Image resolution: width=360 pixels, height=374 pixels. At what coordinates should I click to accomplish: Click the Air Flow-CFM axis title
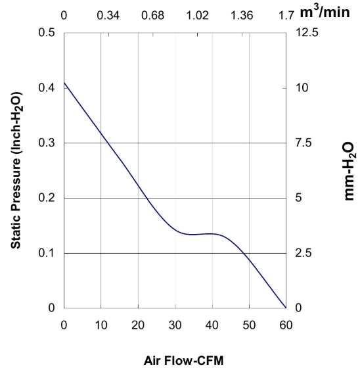coord(184,360)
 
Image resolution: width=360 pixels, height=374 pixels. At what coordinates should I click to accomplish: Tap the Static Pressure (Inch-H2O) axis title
coord(16,170)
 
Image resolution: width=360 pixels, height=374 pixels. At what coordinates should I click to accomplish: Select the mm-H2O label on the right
coord(349,171)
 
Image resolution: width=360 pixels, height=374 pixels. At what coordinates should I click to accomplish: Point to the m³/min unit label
coord(325,11)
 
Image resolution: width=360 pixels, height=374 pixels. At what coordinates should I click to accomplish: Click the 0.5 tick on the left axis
coord(47,32)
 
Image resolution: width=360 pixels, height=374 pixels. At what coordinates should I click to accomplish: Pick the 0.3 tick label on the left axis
coord(47,143)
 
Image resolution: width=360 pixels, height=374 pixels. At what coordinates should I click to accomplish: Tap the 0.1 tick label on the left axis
coord(47,253)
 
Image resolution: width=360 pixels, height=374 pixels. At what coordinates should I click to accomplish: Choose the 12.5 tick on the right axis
coord(307,32)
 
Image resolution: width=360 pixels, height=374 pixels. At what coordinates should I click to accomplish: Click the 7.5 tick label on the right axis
coord(304,143)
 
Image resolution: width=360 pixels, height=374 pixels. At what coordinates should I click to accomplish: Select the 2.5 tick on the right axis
coord(304,253)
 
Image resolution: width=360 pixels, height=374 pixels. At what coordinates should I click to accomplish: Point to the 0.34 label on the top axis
coord(108,16)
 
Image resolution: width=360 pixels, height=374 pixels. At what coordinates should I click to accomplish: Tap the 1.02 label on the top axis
coord(197,16)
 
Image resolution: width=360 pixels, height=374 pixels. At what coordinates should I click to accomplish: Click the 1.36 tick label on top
coord(242,16)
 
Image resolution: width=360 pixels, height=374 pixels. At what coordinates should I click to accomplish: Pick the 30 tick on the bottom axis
coord(175,325)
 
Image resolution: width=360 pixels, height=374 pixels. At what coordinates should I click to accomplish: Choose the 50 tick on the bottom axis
coord(249,325)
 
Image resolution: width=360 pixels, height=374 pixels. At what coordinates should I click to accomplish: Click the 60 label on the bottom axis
coord(286,325)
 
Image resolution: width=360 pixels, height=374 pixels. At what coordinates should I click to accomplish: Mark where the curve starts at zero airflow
coord(64,83)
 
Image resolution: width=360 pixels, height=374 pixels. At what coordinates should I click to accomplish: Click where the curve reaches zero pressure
coord(286,308)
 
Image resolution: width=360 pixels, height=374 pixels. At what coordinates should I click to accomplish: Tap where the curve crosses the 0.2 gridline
coord(147,198)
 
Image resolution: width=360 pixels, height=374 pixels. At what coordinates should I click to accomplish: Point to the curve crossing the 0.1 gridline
coord(243,253)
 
